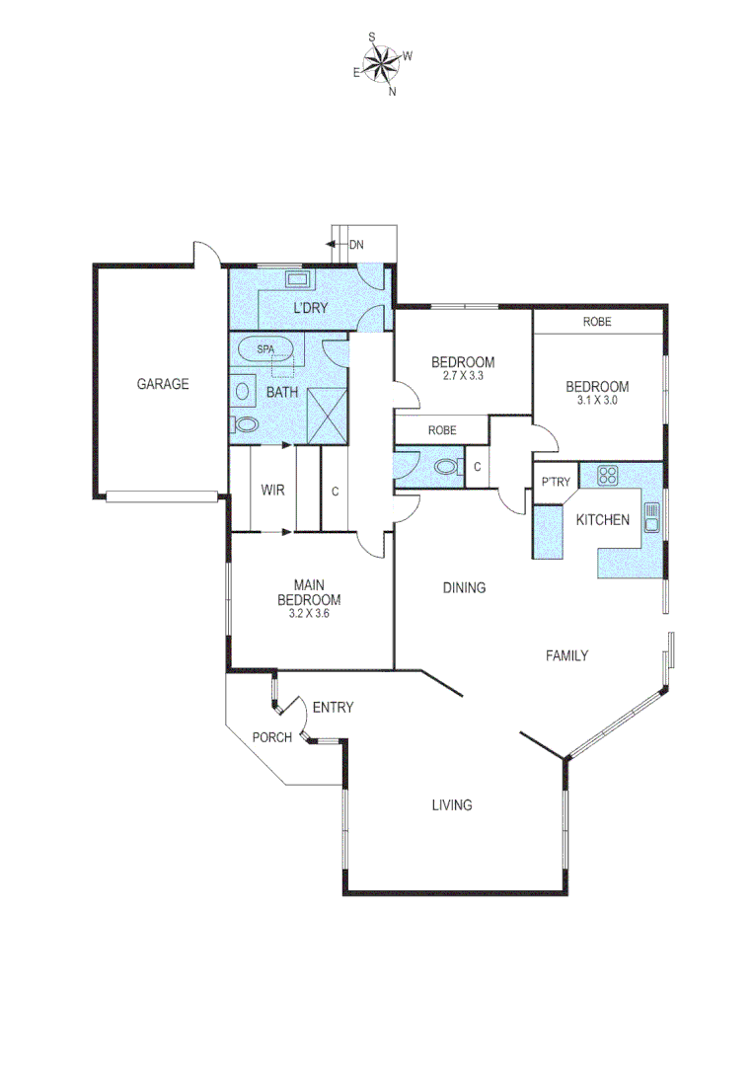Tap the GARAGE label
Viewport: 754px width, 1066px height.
(x=162, y=384)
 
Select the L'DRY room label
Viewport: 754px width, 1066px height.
(x=310, y=308)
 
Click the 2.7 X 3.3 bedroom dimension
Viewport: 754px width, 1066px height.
(x=463, y=376)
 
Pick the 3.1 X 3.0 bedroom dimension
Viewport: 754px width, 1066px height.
(x=596, y=400)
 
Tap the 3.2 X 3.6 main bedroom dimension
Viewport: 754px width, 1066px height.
(x=309, y=613)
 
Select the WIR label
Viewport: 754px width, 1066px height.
(x=272, y=490)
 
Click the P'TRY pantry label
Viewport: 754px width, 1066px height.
(x=552, y=482)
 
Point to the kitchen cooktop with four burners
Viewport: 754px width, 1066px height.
(x=606, y=475)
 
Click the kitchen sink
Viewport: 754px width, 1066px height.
(x=651, y=515)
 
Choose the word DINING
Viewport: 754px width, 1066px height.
(x=463, y=588)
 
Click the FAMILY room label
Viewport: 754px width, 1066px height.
(x=566, y=655)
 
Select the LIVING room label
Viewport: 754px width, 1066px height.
(x=451, y=804)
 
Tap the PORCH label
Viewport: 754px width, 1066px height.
(x=271, y=737)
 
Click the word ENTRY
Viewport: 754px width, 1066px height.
(x=333, y=708)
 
